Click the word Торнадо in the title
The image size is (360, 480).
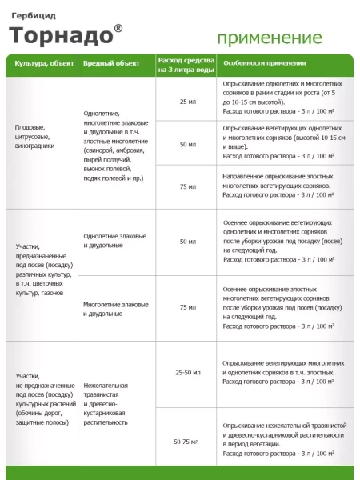(x=61, y=36)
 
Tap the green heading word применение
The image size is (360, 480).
(x=270, y=38)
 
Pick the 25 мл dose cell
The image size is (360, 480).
(x=187, y=102)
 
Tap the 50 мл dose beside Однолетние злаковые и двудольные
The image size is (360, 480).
(x=187, y=241)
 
